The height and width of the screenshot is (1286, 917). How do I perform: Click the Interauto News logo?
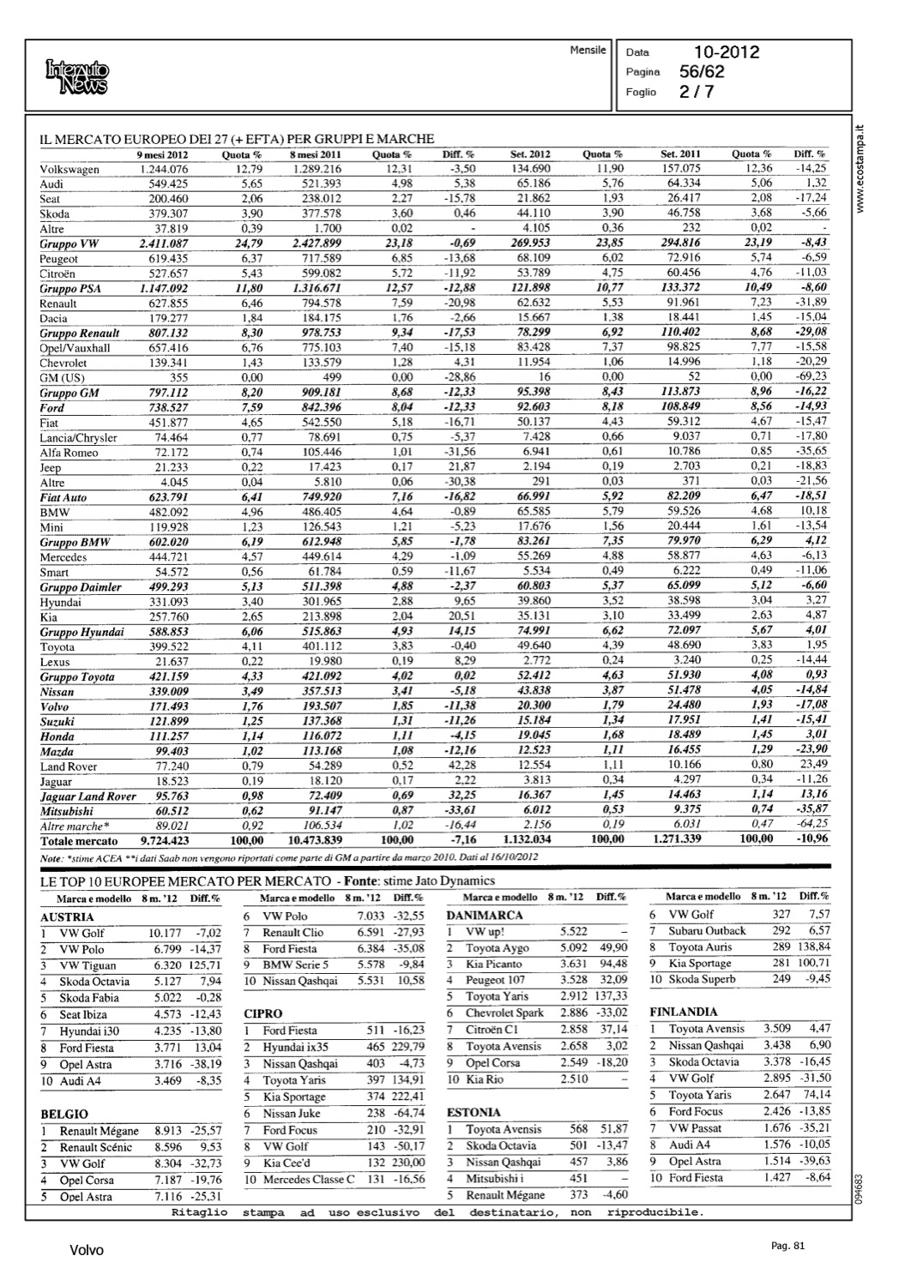78,76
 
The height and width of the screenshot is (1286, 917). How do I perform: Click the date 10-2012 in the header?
727,52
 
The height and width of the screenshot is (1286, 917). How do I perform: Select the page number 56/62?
702,72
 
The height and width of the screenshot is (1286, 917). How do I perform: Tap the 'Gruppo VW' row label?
69,243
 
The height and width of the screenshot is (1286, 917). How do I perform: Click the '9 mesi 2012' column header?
162,154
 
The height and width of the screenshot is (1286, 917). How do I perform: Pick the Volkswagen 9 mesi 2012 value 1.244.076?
163,169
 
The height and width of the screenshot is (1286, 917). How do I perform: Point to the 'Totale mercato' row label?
79,841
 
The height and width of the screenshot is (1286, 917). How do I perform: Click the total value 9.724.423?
165,841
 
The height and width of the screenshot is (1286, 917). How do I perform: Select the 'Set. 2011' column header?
680,154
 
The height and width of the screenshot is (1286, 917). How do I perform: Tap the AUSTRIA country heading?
67,916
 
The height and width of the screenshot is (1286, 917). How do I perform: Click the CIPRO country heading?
262,1013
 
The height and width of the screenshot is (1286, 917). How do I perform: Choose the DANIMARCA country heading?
485,915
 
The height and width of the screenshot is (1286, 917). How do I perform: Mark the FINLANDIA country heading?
683,1012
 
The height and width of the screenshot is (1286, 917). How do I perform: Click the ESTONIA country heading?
474,1112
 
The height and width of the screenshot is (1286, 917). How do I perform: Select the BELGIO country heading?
64,1114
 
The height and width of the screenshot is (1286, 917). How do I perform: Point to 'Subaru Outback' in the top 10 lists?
707,930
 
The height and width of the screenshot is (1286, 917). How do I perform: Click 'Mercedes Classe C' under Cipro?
309,1179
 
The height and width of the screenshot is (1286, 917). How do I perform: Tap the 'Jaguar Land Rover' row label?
87,796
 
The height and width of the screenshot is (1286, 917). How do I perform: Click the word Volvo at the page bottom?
86,1251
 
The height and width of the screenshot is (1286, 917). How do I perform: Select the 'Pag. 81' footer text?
788,1246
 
